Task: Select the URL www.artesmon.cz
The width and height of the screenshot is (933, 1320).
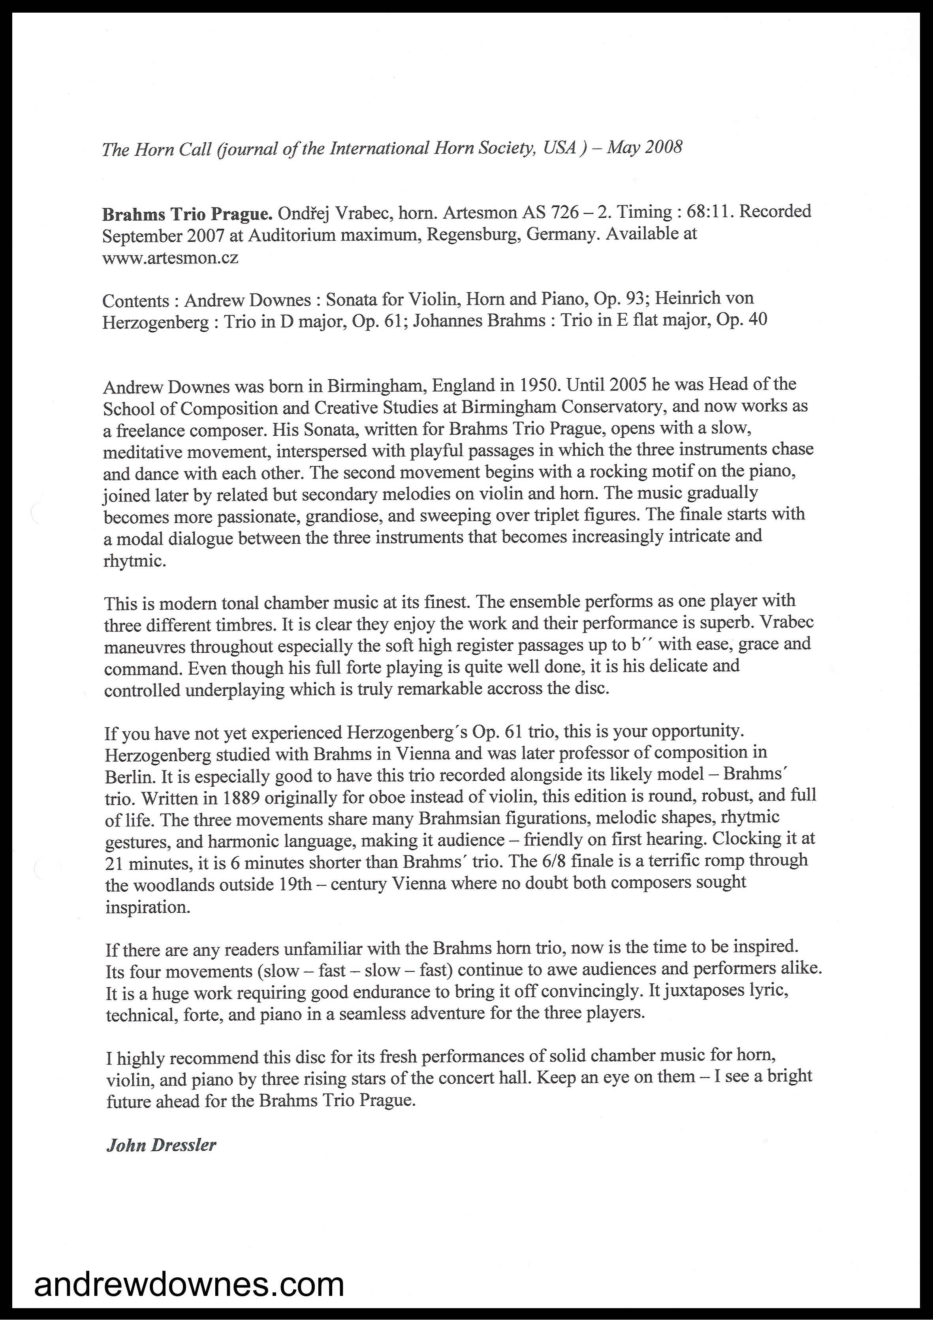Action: [x=170, y=258]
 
